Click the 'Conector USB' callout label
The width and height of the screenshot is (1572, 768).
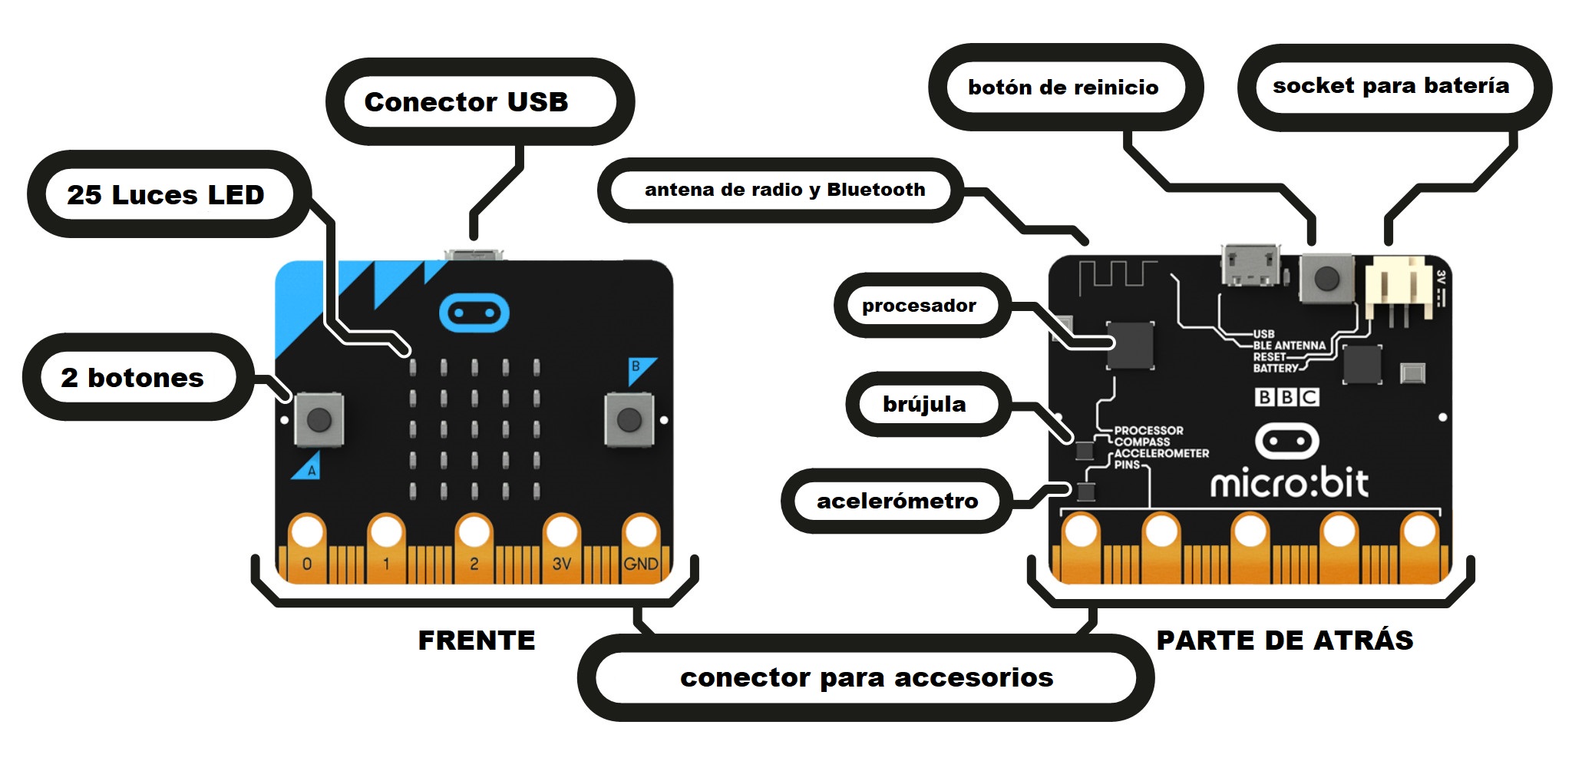(466, 101)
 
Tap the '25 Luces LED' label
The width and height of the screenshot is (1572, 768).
(165, 194)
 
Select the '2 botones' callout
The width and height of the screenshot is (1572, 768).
(132, 377)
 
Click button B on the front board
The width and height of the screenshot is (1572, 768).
(629, 419)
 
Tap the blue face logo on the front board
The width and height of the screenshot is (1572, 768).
(474, 313)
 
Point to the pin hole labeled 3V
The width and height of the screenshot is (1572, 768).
(561, 531)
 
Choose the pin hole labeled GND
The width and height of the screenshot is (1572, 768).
(640, 531)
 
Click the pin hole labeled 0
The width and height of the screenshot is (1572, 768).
(307, 531)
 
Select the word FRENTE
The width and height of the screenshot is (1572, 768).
(476, 641)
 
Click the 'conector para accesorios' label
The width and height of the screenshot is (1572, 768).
(866, 677)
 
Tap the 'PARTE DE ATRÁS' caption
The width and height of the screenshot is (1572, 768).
(1284, 641)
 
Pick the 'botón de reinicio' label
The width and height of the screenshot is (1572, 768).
(1063, 87)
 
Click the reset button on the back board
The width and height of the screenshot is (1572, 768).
(1326, 279)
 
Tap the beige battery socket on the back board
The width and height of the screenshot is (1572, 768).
(1397, 289)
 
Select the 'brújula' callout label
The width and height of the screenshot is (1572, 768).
(924, 404)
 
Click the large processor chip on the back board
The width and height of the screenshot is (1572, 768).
(1130, 346)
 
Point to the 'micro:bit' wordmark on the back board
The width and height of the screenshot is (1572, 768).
(1289, 482)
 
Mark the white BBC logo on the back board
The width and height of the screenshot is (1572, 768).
(1286, 397)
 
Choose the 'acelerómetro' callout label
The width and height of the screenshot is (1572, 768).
(897, 501)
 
